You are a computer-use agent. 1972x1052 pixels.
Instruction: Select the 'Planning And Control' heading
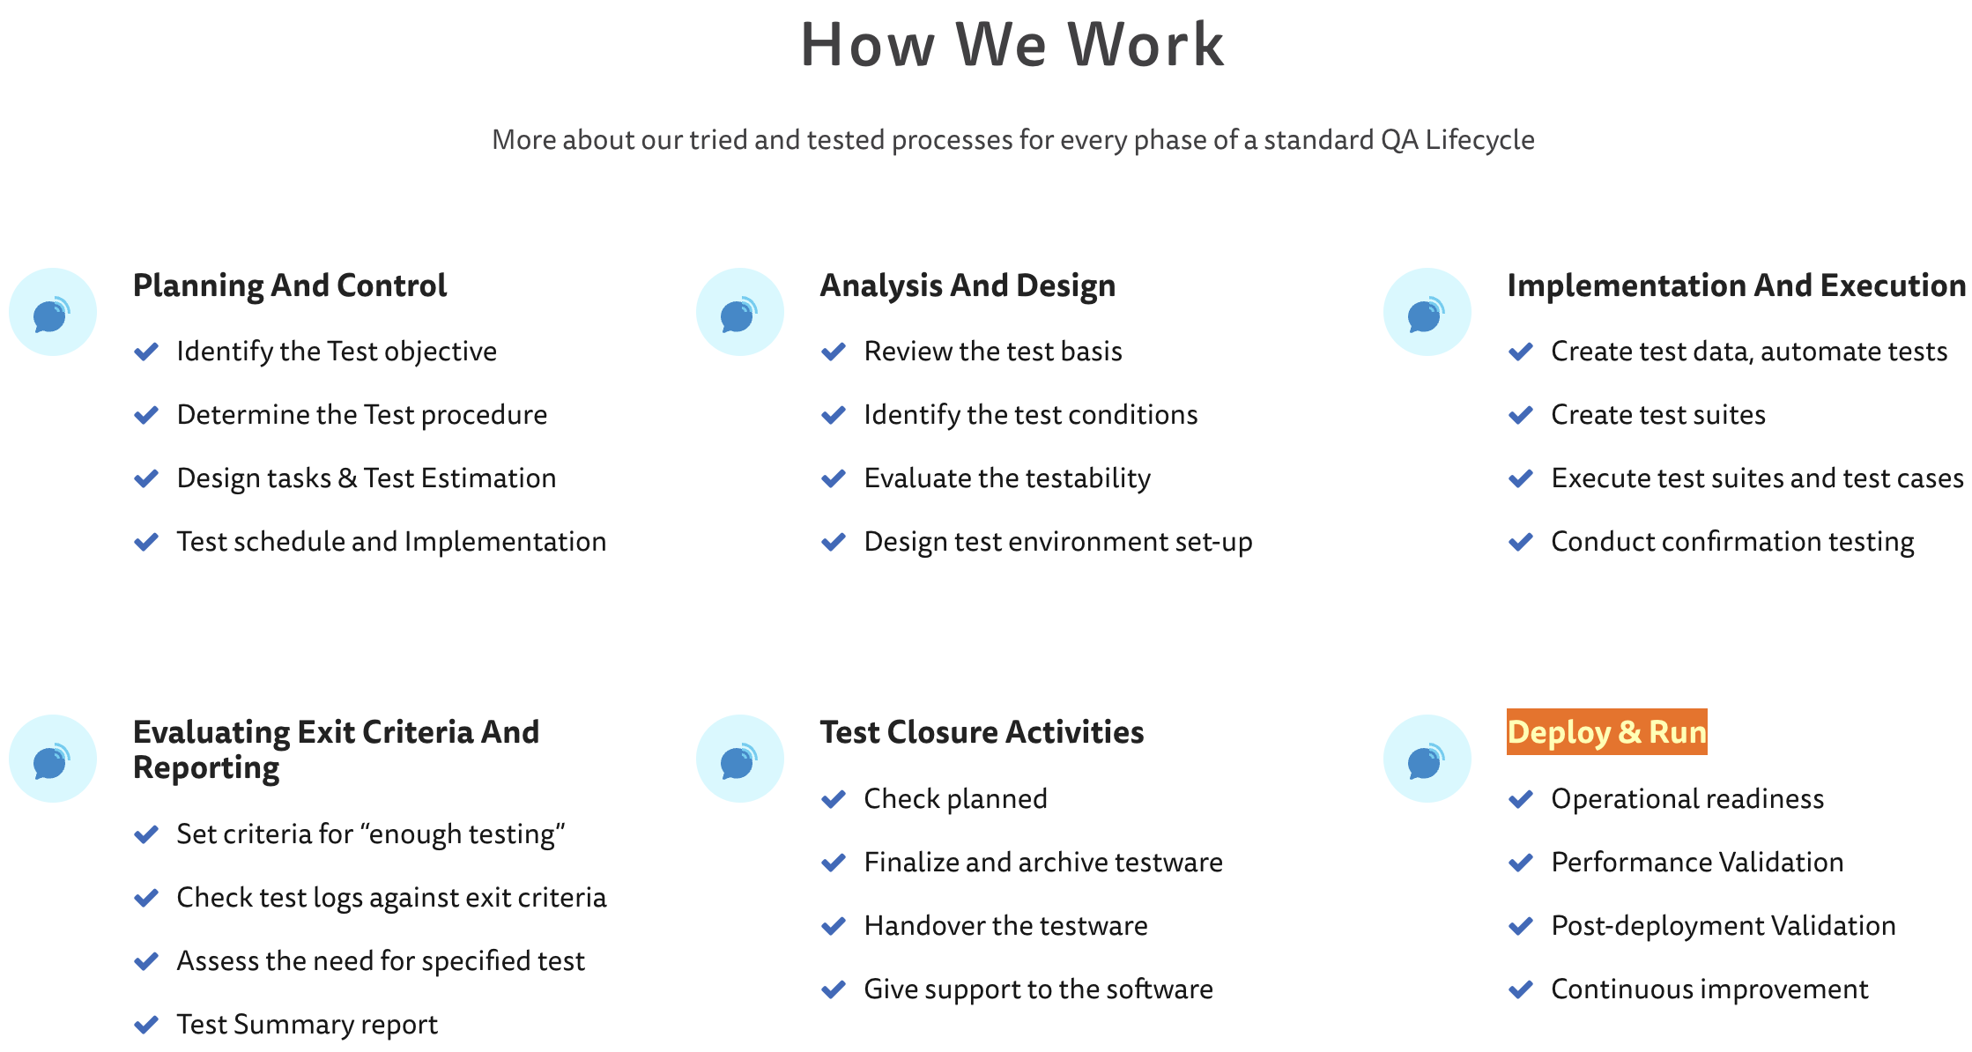290,286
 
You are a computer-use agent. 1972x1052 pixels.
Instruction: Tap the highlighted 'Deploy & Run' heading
1607,732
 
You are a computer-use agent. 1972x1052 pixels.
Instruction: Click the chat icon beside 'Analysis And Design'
740,312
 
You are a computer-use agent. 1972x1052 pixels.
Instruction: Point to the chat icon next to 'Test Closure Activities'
740,759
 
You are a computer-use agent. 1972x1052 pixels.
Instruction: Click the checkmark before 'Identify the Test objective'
146,352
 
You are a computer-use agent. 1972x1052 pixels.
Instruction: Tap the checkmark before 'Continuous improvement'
1521,989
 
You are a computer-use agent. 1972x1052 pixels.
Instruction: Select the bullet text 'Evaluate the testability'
1007,478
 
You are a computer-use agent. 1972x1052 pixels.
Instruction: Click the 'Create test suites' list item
1658,415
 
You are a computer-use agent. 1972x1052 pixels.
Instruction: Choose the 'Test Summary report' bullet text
307,1025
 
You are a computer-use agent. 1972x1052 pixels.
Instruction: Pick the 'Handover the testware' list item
1005,926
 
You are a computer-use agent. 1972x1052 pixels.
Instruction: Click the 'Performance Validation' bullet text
1697,863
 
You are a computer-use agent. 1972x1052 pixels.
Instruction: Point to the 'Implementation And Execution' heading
1736,286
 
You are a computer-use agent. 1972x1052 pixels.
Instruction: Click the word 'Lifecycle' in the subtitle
1480,140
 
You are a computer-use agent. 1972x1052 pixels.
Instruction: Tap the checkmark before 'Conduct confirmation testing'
1521,542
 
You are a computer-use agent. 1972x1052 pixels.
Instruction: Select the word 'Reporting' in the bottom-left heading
206,768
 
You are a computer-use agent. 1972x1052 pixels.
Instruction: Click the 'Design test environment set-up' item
1058,542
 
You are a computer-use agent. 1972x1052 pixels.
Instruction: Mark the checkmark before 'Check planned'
834,799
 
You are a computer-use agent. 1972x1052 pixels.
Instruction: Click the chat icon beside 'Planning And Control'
53,312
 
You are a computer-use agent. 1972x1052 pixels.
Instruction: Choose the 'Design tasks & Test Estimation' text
367,478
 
